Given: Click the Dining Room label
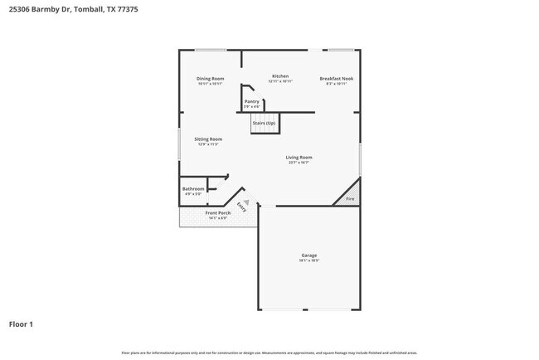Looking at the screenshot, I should click(211, 79).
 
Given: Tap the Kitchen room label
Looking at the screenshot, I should click(280, 76).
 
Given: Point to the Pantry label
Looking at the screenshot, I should click(252, 101).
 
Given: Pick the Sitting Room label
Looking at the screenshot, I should click(208, 139).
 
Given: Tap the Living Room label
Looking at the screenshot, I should click(299, 157).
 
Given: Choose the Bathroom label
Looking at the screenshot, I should click(193, 189).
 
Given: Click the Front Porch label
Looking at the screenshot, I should click(218, 213).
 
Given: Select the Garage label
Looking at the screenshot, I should click(308, 255).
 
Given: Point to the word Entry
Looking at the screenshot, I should click(241, 206).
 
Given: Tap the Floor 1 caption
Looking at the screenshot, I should click(22, 324).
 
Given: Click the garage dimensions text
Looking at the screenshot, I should click(308, 260).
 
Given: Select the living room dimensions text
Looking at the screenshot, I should click(299, 163).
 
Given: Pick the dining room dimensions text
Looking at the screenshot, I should click(211, 84).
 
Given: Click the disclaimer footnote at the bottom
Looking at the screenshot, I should click(269, 353).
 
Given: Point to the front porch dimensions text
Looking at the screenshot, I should click(218, 218).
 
